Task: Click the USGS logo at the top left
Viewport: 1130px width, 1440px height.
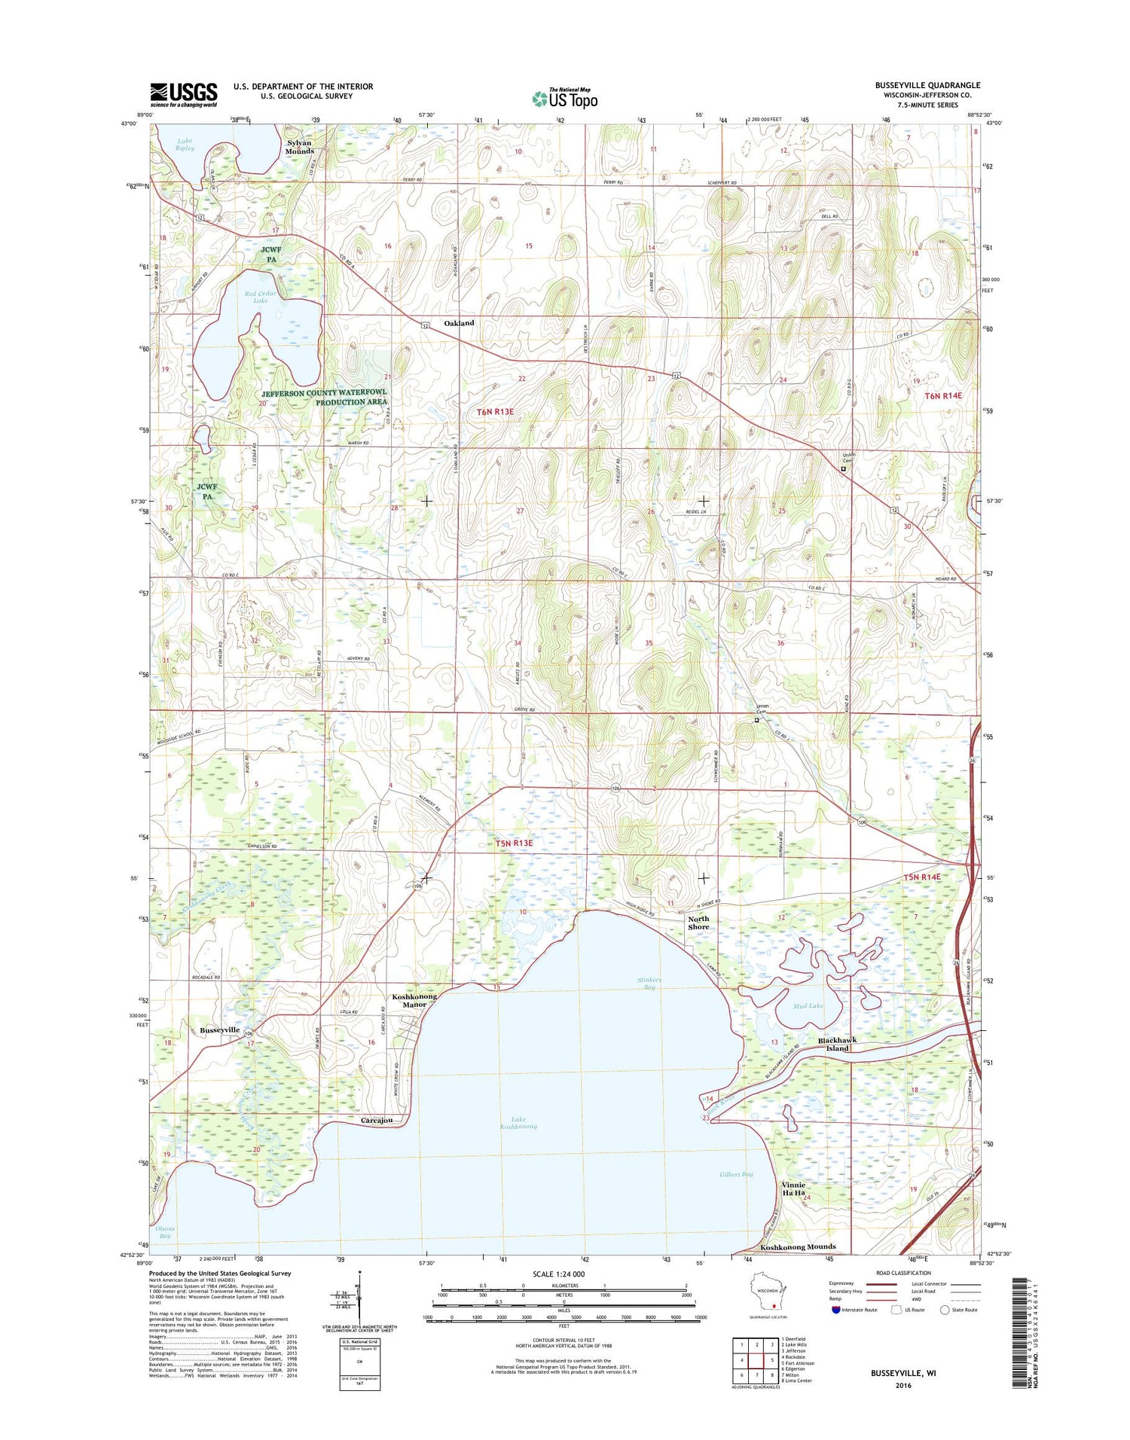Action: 184,95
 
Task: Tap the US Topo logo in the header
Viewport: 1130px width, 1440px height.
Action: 565,98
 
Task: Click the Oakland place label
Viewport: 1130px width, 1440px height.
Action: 459,323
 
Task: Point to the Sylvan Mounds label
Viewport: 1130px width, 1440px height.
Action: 300,147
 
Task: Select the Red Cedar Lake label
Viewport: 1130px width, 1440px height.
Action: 260,297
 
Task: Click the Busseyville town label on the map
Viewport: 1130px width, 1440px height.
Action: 219,1030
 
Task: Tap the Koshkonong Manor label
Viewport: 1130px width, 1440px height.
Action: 414,1000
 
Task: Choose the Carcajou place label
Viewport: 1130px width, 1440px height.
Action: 376,1121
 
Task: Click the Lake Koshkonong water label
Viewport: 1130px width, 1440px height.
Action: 518,1123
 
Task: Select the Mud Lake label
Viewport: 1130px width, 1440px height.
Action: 808,1005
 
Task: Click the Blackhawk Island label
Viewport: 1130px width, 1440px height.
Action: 837,1044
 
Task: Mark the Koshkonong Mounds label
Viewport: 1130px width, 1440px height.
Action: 798,1246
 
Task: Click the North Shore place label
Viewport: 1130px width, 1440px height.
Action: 698,923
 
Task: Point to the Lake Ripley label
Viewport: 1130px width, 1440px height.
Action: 185,144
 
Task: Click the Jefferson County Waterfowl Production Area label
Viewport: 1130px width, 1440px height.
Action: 325,397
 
